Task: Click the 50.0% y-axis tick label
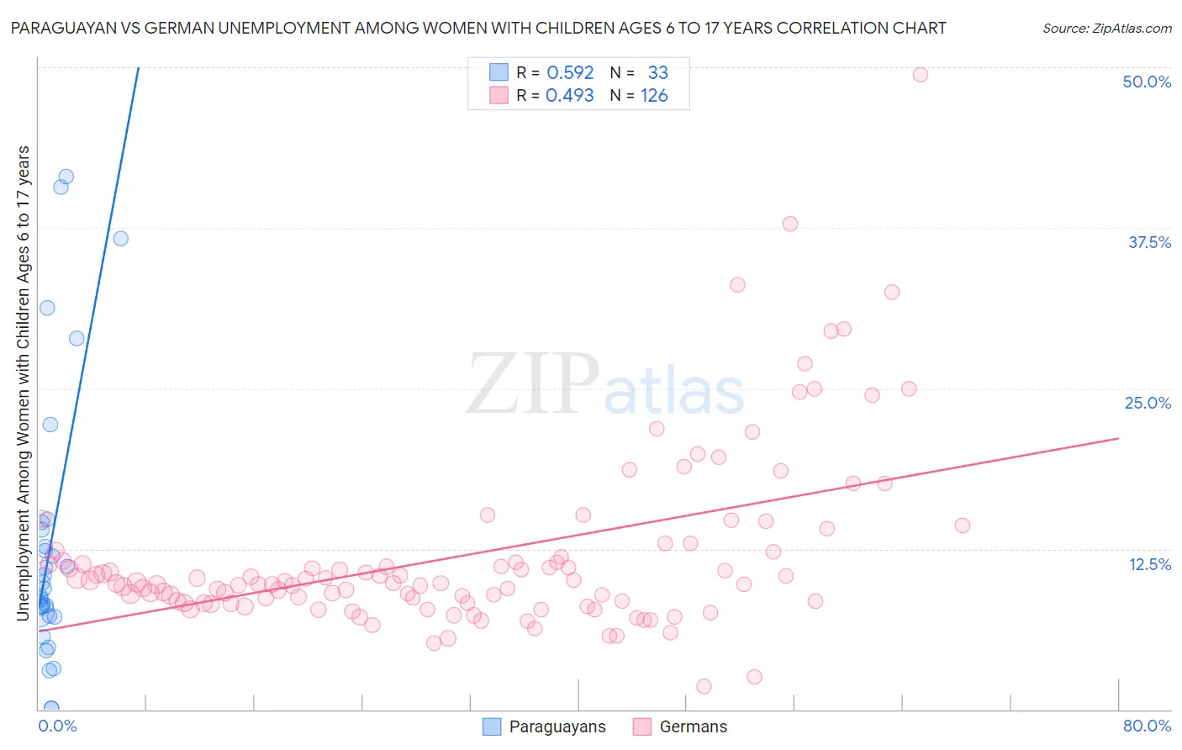[1146, 82]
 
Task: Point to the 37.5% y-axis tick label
[1148, 242]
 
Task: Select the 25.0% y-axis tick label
[1147, 403]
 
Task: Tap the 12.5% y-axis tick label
[1149, 564]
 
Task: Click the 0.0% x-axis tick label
[57, 726]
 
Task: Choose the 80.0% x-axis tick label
[1147, 726]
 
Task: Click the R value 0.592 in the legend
[570, 73]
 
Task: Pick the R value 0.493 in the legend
[569, 96]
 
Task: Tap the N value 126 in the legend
[654, 96]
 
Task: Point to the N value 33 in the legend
[657, 73]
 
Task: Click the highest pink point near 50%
[920, 75]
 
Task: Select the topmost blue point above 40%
[66, 177]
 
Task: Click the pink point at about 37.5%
[789, 224]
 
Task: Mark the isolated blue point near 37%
[120, 238]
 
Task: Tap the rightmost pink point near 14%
[962, 526]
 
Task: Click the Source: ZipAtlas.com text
[1106, 29]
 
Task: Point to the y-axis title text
[24, 383]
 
